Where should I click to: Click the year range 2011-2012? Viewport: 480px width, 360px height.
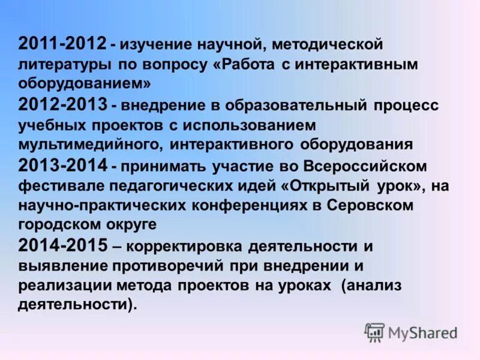[x=63, y=44]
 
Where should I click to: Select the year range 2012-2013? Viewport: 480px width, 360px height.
[x=63, y=105]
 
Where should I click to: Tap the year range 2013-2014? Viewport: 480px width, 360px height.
[x=63, y=165]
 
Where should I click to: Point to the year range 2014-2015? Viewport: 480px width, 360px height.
[x=63, y=245]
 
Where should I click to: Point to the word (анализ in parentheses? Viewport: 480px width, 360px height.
[x=371, y=286]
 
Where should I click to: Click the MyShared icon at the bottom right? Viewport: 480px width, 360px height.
[x=374, y=332]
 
